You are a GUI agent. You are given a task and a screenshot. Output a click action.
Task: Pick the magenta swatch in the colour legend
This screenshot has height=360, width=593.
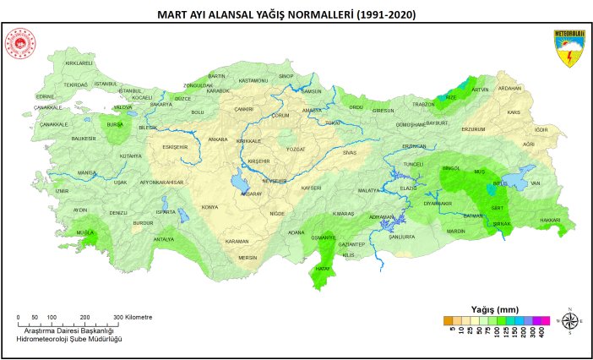point(544,320)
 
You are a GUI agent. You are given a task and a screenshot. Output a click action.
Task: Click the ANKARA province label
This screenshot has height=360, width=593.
point(218,139)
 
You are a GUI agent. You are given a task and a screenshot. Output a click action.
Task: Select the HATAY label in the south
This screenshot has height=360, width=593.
point(322,269)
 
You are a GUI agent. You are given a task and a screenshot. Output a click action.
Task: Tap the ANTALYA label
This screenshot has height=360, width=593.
point(163,239)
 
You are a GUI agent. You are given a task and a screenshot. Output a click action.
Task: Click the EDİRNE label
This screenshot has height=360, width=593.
point(45,96)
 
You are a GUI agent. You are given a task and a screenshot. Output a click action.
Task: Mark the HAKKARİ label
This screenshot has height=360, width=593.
point(550,220)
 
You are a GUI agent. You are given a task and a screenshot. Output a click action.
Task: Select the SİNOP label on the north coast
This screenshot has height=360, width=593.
point(286,76)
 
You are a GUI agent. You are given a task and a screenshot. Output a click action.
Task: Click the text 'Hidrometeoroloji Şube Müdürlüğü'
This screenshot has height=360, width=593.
point(69,338)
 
